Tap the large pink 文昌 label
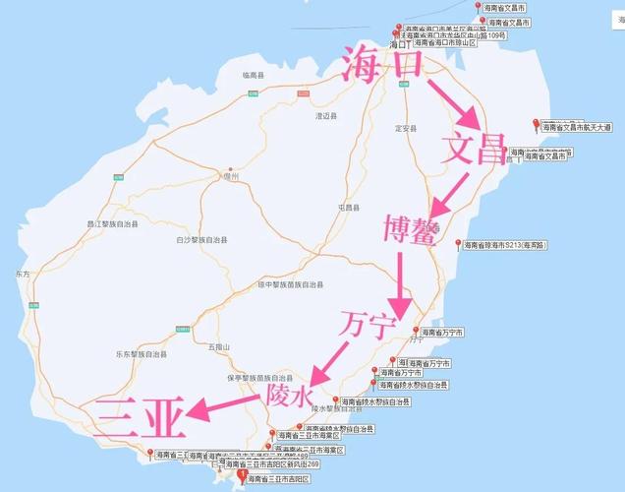coord(475,150)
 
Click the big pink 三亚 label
coord(141,418)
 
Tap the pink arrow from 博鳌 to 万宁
coord(400,278)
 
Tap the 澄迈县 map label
coord(325,115)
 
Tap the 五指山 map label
coord(218,346)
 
